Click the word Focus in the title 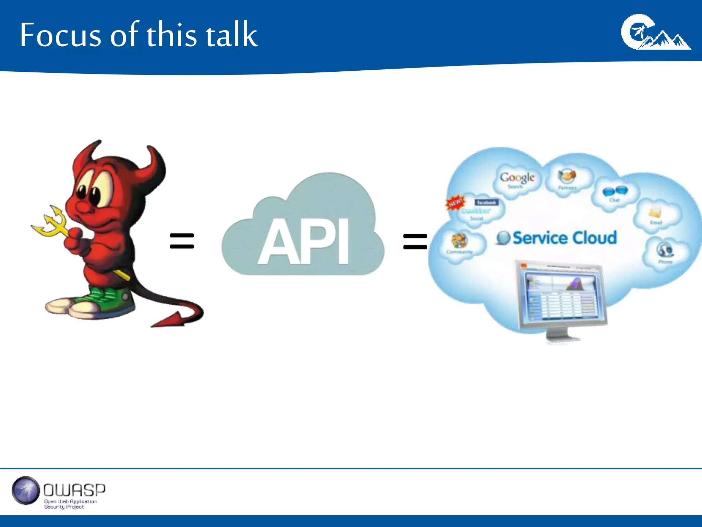click(x=60, y=35)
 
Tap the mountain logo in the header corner click(x=655, y=33)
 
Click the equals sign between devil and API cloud click(x=182, y=241)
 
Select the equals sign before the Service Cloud click(x=415, y=241)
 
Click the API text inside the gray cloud click(x=304, y=242)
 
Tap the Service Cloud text click(x=564, y=238)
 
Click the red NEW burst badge click(x=455, y=202)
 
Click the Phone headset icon click(x=665, y=250)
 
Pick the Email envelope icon click(x=655, y=213)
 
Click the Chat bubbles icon click(x=615, y=191)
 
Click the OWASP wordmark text click(x=74, y=490)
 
